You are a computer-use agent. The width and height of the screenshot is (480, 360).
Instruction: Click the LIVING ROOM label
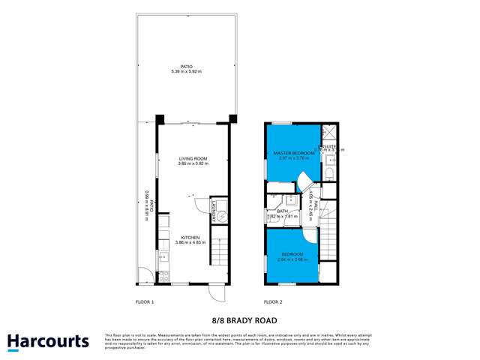[x=193, y=159]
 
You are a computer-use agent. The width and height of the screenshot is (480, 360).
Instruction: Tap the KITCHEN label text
[x=190, y=237]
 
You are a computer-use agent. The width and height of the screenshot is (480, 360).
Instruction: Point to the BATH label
[x=283, y=211]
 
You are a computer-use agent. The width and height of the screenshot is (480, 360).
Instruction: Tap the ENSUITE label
[x=330, y=146]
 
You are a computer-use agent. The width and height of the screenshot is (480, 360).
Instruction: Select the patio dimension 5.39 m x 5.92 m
[x=187, y=72]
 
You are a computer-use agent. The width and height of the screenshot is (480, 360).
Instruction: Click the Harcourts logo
[x=48, y=341]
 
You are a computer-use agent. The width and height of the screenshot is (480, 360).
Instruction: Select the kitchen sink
[x=163, y=257]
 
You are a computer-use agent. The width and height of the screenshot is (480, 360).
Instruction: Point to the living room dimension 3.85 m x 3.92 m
[x=193, y=164]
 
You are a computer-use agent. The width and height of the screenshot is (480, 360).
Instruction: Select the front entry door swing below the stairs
[x=215, y=291]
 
